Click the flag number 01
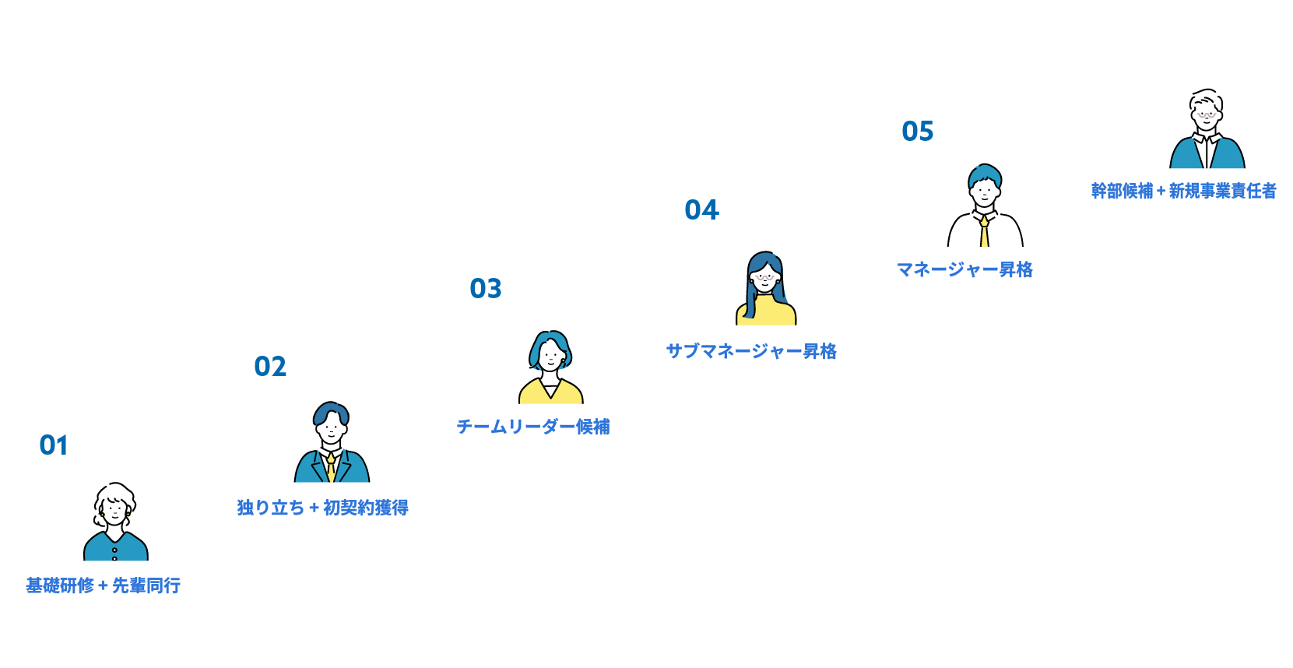[x=54, y=445]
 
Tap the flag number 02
[x=270, y=367]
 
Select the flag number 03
[x=486, y=289]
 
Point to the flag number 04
[x=701, y=210]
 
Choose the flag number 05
[x=917, y=132]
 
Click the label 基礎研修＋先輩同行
[x=104, y=585]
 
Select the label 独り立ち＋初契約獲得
[x=322, y=507]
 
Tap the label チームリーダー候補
[x=533, y=427]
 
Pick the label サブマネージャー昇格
[x=751, y=350]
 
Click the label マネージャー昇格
[x=964, y=269]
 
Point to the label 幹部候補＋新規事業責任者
[x=1183, y=191]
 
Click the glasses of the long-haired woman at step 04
[x=766, y=276]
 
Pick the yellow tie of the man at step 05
[x=985, y=232]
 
